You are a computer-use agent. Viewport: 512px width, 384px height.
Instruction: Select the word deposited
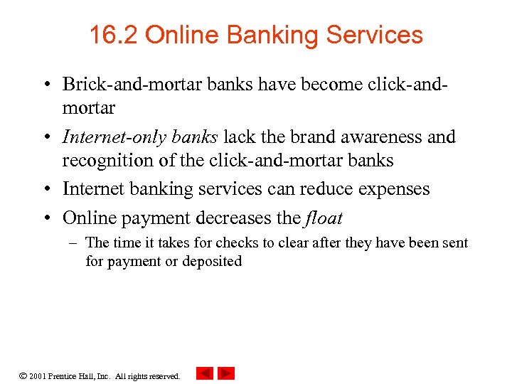(212, 262)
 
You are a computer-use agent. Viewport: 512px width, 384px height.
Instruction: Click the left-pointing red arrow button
(204, 373)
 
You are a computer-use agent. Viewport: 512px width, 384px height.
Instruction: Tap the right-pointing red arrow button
(226, 373)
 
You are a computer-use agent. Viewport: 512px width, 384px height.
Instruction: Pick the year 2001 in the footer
(38, 375)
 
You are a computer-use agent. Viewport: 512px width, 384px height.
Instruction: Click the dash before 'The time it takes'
(74, 243)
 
